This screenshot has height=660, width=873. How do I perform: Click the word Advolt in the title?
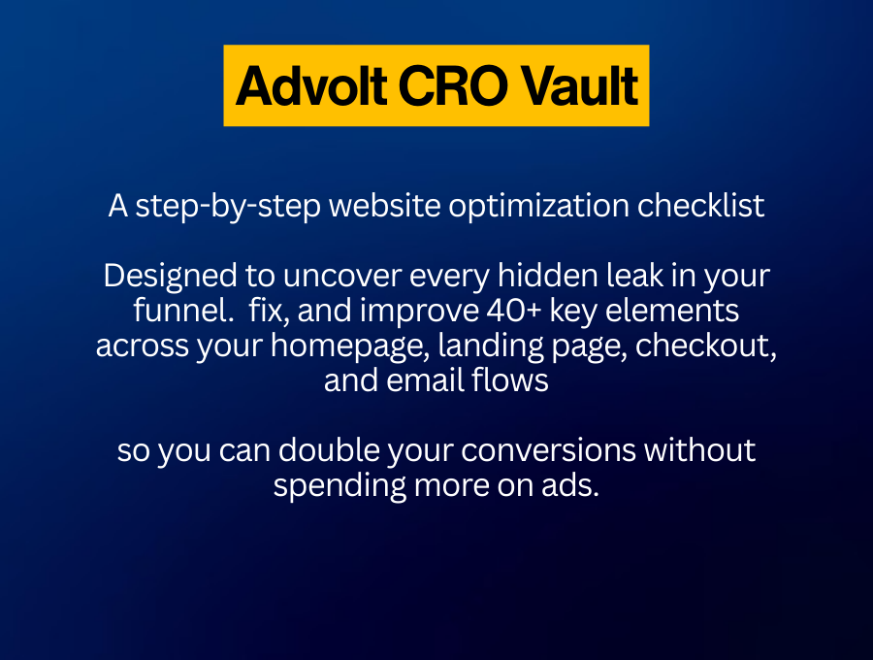pyautogui.click(x=311, y=85)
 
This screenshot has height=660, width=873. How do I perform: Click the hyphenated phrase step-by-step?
pyautogui.click(x=228, y=207)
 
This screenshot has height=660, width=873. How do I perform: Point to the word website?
pyautogui.click(x=385, y=206)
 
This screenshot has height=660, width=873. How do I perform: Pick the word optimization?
pyautogui.click(x=539, y=207)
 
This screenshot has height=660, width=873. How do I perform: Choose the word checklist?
pyautogui.click(x=701, y=206)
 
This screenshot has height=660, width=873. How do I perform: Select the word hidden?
pyautogui.click(x=548, y=276)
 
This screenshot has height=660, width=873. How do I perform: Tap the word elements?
pyautogui.click(x=672, y=311)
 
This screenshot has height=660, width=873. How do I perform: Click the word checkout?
pyautogui.click(x=705, y=346)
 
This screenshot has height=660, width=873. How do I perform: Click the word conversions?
pyautogui.click(x=548, y=450)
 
